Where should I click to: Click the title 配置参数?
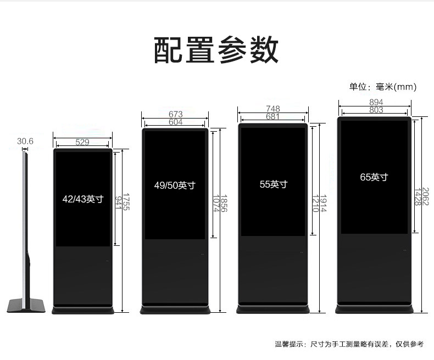point(216,50)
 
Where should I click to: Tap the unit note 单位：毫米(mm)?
point(383,87)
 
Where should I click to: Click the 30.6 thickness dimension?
point(25,141)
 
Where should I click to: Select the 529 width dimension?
point(82,142)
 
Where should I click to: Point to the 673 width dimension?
point(175,114)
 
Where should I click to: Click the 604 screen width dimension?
point(175,122)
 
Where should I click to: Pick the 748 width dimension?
point(273,109)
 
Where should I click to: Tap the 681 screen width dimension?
point(273,116)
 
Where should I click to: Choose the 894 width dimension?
point(376,102)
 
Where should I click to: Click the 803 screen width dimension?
point(376,110)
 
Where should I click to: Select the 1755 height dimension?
point(126,202)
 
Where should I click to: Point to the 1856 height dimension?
point(224,204)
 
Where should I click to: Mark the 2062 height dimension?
point(426,196)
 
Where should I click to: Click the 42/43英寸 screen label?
point(83,199)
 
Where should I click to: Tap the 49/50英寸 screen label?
point(175,185)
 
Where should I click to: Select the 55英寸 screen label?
point(274,184)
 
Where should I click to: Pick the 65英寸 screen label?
point(374,177)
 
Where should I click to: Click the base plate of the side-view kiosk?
point(26,306)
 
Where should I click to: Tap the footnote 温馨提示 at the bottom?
point(349,344)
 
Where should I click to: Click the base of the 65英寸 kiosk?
point(374,310)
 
